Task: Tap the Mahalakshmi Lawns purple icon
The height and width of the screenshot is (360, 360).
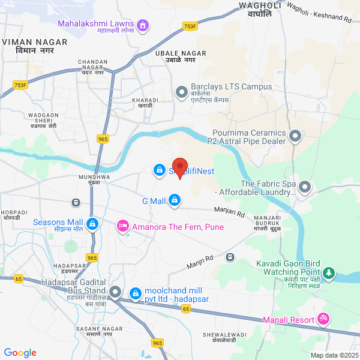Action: coord(143,25)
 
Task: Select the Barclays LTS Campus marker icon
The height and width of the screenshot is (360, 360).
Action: coord(181,92)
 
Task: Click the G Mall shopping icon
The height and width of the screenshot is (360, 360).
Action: coord(174,200)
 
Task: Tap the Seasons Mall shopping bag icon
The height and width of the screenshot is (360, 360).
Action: coord(92,224)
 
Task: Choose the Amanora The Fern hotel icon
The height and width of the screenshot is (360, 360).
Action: coord(122,226)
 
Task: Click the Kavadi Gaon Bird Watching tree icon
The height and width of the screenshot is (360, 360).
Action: coord(328,274)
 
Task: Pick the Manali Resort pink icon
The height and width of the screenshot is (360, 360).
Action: coord(323,319)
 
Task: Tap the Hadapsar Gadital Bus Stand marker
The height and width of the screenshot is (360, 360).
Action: coord(115,292)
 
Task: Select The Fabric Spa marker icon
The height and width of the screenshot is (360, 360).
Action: coord(305,188)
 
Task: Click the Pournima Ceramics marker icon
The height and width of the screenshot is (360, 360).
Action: coord(295,137)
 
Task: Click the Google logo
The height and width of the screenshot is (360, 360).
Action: coord(20,353)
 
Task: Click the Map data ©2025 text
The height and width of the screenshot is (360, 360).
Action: coord(334,355)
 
